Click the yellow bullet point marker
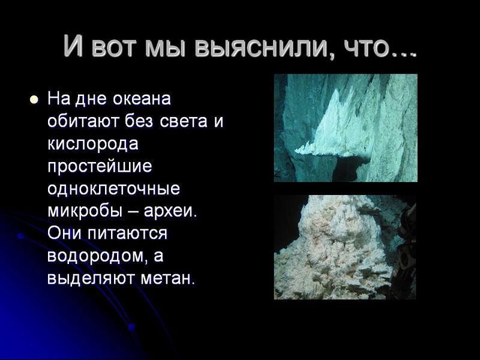pos(34,98)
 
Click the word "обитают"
pos(83,121)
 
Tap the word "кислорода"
pos(93,144)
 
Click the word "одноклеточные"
pos(113,189)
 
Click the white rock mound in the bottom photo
pos(336,252)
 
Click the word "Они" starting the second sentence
pos(64,234)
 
